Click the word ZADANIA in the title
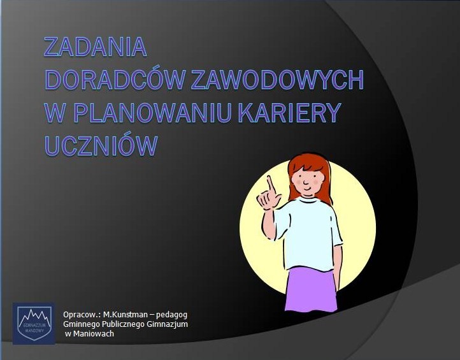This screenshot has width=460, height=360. pyautogui.click(x=96, y=47)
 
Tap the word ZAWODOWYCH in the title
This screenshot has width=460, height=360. pyautogui.click(x=278, y=79)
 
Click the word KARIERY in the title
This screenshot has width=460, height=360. pyautogui.click(x=289, y=112)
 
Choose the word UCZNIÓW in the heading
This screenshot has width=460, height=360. pyautogui.click(x=101, y=145)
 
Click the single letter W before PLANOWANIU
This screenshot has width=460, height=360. pyautogui.click(x=55, y=112)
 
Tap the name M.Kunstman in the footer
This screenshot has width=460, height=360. pyautogui.click(x=126, y=315)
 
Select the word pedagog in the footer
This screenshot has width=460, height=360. pyautogui.click(x=171, y=315)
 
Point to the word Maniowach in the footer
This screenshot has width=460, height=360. pyautogui.click(x=93, y=334)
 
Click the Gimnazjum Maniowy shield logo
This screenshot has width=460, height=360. pyautogui.click(x=34, y=323)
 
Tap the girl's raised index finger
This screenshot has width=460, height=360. pyautogui.click(x=271, y=184)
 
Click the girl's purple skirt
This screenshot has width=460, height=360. pyautogui.click(x=311, y=290)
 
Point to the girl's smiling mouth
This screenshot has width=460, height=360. pyautogui.click(x=307, y=188)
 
